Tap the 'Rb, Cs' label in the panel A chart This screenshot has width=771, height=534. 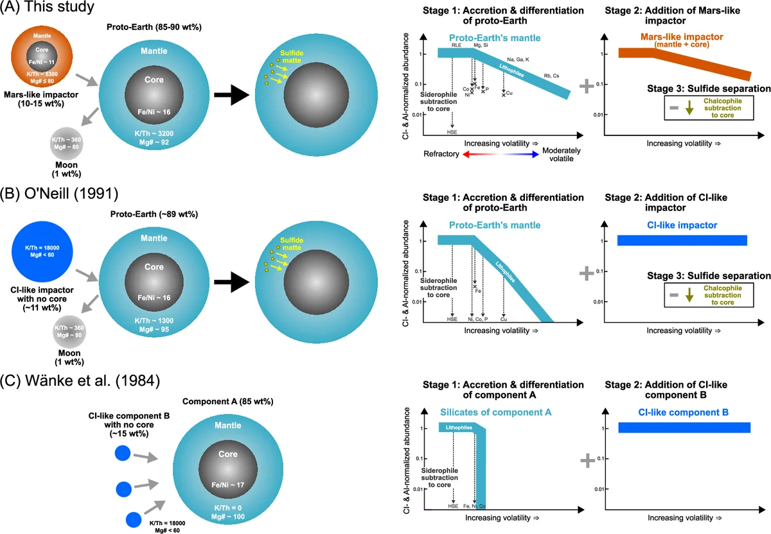click(x=551, y=76)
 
